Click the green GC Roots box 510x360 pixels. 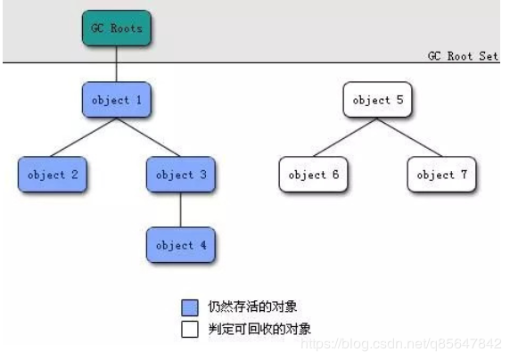click(x=117, y=28)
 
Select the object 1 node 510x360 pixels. click(x=117, y=100)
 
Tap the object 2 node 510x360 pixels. click(x=53, y=175)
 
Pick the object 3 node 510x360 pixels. click(x=181, y=175)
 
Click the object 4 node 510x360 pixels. click(x=181, y=245)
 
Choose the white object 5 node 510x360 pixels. click(x=378, y=100)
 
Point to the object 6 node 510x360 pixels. click(x=314, y=175)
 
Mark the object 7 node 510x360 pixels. click(x=441, y=175)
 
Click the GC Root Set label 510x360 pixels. click(x=463, y=55)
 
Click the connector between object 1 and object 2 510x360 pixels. click(x=85, y=137)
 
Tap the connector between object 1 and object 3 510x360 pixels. click(x=149, y=137)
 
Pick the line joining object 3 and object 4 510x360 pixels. click(x=181, y=210)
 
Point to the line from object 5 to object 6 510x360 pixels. click(x=346, y=137)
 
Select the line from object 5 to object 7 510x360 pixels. click(x=410, y=137)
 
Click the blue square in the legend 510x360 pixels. click(x=189, y=307)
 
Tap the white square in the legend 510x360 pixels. click(x=189, y=328)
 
